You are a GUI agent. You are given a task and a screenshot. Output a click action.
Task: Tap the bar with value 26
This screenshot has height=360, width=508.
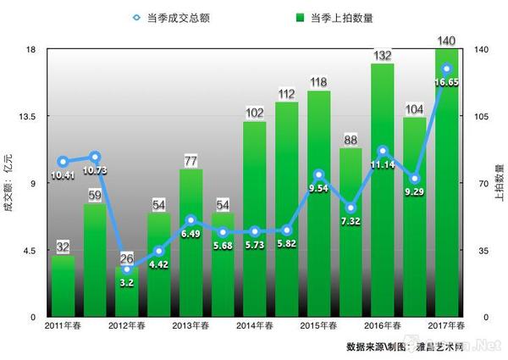(126, 292)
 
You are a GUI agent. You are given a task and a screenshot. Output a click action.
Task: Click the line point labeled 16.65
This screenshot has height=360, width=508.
(446, 69)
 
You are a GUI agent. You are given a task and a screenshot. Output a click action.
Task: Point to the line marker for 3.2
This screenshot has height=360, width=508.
(126, 269)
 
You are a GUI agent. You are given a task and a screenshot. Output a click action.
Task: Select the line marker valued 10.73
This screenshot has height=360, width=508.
(95, 157)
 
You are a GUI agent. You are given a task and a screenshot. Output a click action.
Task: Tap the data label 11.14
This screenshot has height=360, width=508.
(382, 165)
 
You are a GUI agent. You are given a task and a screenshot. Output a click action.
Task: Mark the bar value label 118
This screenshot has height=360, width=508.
(318, 82)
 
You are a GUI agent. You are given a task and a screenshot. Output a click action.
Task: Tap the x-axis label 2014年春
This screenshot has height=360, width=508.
(254, 326)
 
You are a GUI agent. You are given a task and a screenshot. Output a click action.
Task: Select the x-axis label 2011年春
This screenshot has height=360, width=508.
(63, 326)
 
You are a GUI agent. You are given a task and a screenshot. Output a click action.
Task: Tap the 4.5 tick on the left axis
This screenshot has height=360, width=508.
(25, 250)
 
